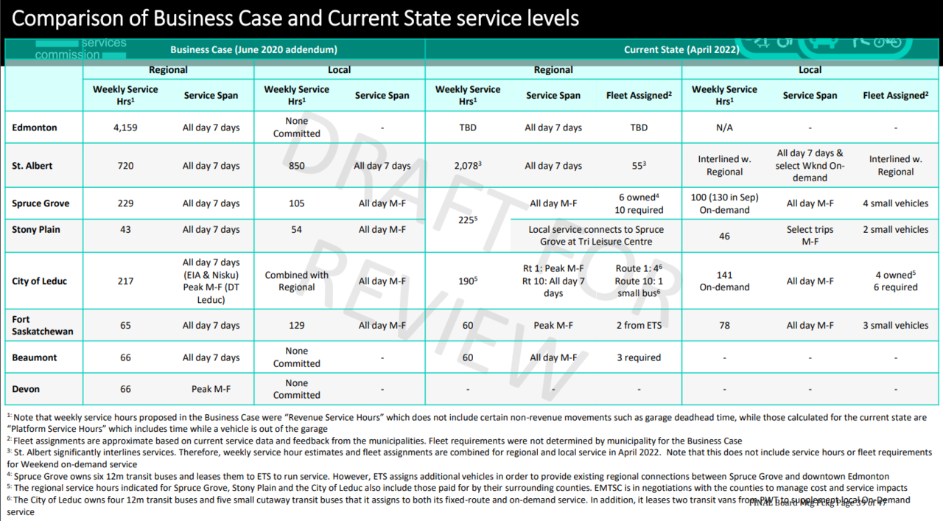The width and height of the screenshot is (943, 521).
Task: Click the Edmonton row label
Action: tap(34, 127)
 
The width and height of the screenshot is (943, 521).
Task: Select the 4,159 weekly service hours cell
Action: tap(125, 127)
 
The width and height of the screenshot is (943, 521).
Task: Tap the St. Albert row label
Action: tap(32, 166)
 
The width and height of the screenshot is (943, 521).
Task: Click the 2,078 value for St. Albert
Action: tap(466, 166)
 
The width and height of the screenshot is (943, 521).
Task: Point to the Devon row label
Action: tap(26, 389)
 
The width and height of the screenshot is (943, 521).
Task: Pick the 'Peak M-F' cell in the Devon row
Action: tap(211, 389)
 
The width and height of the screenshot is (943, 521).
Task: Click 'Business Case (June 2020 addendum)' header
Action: tap(253, 50)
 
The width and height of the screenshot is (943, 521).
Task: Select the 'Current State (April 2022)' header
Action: tap(681, 50)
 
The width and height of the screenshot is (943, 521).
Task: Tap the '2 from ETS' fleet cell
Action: tap(639, 325)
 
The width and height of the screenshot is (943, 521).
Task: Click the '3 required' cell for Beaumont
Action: tap(639, 357)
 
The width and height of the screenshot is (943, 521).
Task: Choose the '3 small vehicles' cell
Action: tap(895, 325)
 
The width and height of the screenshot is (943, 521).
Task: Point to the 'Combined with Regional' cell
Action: tap(296, 281)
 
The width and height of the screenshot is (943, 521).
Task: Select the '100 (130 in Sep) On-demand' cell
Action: tap(724, 203)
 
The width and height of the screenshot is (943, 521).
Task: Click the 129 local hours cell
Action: tap(296, 325)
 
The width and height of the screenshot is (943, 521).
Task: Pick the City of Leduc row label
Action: tap(39, 281)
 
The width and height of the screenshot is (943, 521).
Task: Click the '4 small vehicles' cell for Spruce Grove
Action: tap(895, 203)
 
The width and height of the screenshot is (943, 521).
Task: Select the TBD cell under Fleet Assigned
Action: tap(639, 127)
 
